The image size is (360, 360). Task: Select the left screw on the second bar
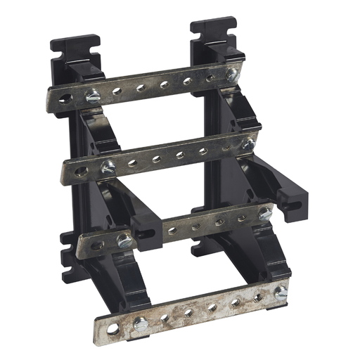[x=109, y=167]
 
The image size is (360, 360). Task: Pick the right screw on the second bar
[x=247, y=144]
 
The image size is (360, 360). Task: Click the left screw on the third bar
[x=124, y=240]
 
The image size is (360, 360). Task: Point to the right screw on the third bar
[x=264, y=214]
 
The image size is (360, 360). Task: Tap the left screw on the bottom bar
[x=141, y=323]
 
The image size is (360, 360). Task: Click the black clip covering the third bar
[x=147, y=229]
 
